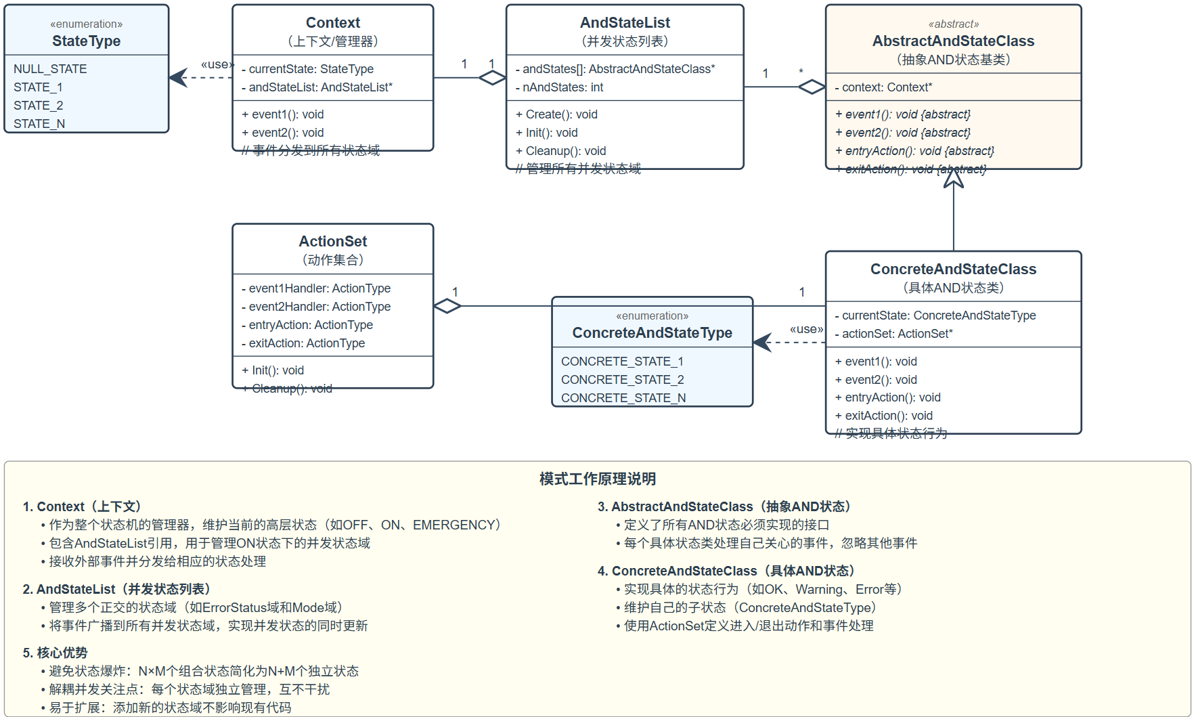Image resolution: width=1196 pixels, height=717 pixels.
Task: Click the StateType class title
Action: click(x=86, y=41)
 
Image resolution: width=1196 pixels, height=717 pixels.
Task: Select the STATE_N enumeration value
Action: click(x=39, y=124)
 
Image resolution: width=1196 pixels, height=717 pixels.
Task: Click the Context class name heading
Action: click(x=333, y=23)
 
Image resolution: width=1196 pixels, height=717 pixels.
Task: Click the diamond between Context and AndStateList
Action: click(x=492, y=78)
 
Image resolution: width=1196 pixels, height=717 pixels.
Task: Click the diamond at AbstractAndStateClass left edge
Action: click(x=812, y=87)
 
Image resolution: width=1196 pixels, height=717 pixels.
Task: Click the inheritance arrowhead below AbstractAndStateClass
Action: click(x=953, y=179)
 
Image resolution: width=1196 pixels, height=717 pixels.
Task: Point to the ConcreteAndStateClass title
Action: click(x=953, y=269)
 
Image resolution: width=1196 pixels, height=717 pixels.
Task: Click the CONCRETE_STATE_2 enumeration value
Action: click(x=622, y=380)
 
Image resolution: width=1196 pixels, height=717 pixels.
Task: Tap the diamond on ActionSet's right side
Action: click(x=447, y=306)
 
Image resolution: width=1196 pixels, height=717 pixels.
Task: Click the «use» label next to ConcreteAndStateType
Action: click(x=806, y=329)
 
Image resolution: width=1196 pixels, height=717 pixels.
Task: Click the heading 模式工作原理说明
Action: click(x=597, y=479)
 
